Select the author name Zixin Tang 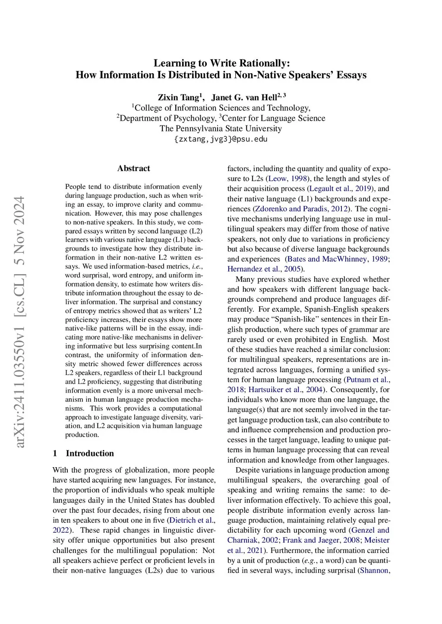point(178,97)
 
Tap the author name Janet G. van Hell point(244,97)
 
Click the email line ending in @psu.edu point(221,139)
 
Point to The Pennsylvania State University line point(221,128)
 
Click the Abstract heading point(134,168)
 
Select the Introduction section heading point(90,453)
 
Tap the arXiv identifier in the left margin point(19,321)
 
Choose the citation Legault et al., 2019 point(341,189)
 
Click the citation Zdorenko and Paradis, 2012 point(302,209)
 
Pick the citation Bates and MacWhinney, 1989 point(337,259)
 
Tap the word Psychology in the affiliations point(194,118)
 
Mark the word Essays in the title point(351,75)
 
